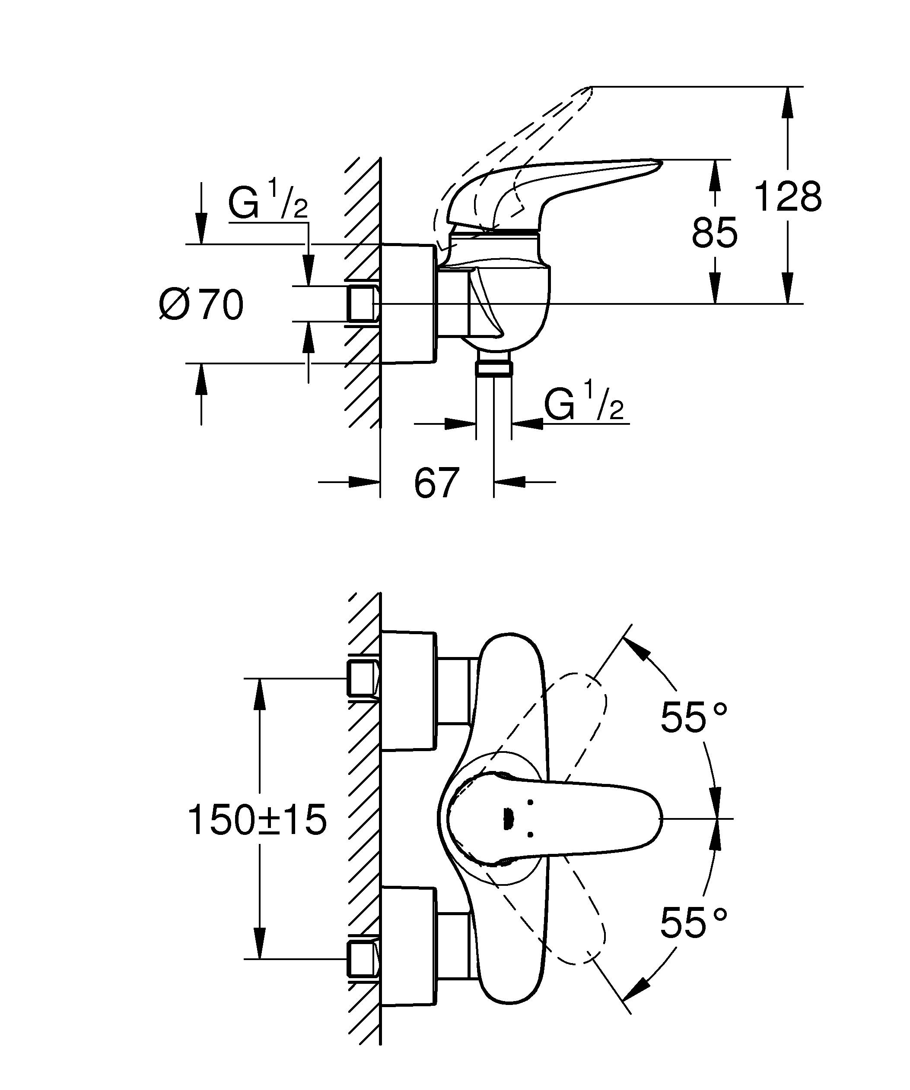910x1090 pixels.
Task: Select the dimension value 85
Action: tap(714, 233)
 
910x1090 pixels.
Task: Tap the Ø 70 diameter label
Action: tap(201, 305)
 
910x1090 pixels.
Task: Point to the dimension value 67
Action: tap(436, 483)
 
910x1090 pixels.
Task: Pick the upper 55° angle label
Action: tap(694, 718)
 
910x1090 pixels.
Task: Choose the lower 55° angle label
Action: tap(694, 923)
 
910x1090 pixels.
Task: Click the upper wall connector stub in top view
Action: tap(362, 679)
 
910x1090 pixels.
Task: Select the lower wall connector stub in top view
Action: tap(362, 959)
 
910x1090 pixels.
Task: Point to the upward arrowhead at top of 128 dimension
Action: tap(788, 98)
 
